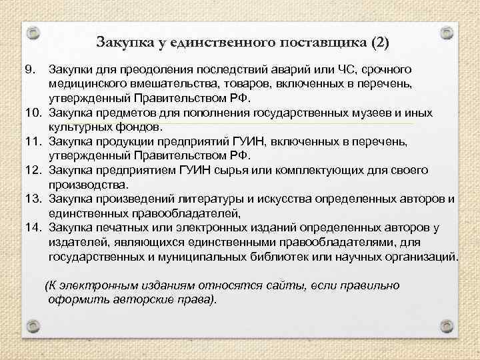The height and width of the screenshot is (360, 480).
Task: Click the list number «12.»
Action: pos(31,170)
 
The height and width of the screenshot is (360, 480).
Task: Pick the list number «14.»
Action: pos(31,227)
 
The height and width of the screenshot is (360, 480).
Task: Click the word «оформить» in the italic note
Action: pos(76,299)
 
